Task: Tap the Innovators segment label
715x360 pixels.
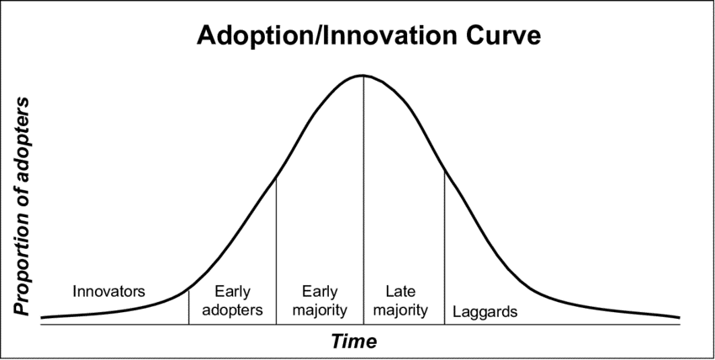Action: tap(109, 293)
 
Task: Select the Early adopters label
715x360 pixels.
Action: tap(232, 301)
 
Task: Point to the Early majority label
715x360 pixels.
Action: tap(320, 301)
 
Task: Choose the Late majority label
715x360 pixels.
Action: tap(400, 301)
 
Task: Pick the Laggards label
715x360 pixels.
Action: tap(485, 312)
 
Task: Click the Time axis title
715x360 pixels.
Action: tap(354, 341)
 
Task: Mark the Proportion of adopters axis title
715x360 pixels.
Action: tap(23, 206)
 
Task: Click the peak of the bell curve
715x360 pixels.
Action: tap(363, 76)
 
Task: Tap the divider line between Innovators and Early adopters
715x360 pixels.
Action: tap(188, 305)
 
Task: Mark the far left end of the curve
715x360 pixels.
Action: tap(42, 318)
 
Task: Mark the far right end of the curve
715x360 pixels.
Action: tap(679, 317)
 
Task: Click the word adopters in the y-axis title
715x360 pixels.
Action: tap(23, 132)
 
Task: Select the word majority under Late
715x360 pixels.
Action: tap(400, 310)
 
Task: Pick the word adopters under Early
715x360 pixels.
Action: tap(232, 310)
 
